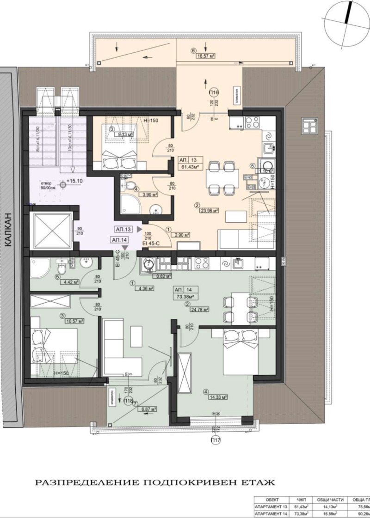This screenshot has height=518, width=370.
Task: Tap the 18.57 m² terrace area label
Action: [x=203, y=56]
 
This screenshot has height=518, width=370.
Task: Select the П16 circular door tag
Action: [x=214, y=91]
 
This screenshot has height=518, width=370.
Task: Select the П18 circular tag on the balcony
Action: [x=129, y=402]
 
